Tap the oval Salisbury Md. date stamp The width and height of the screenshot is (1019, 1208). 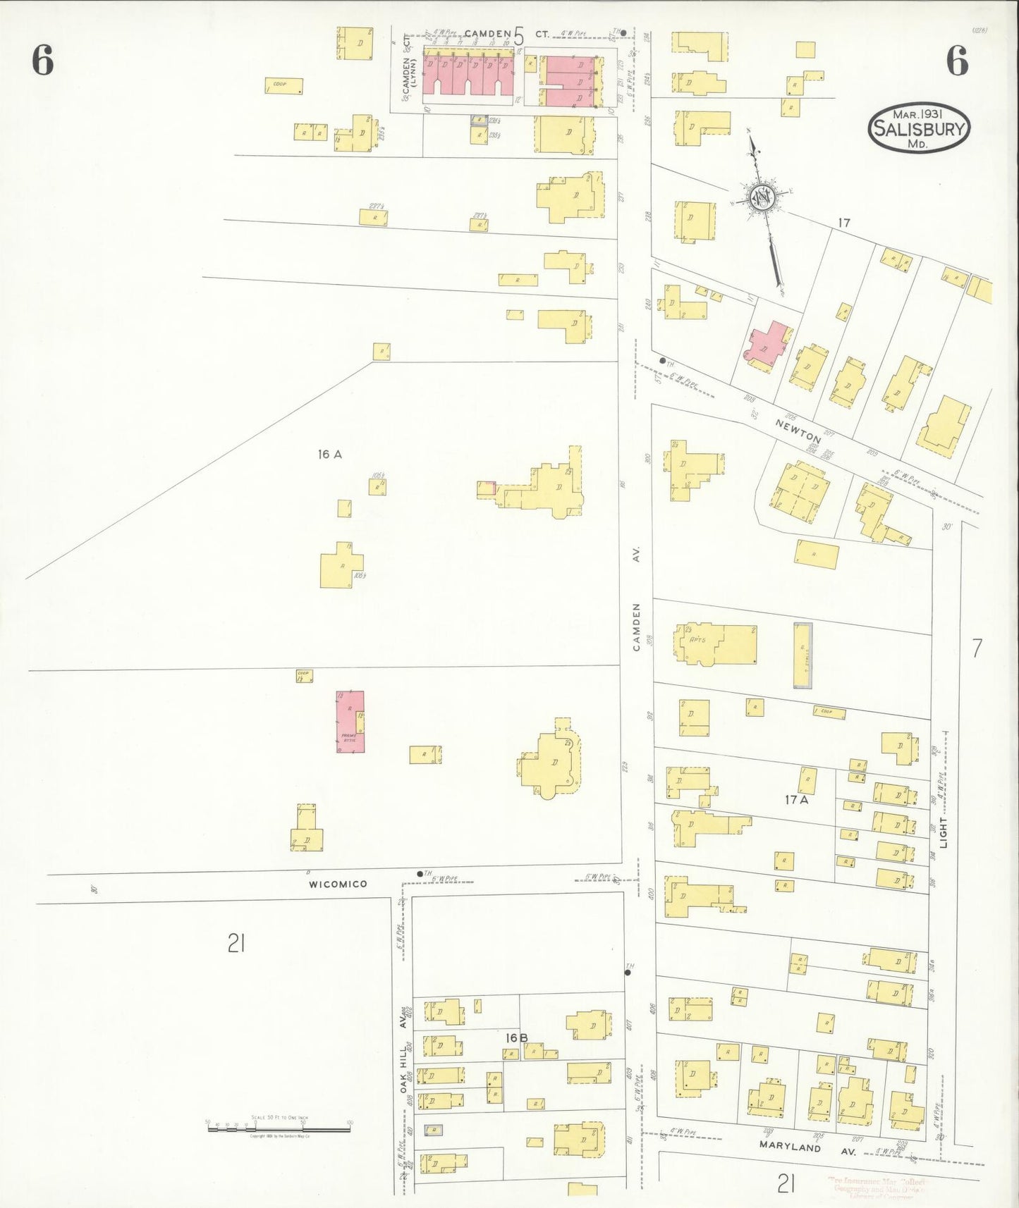pos(918,129)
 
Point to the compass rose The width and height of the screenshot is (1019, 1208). pos(763,197)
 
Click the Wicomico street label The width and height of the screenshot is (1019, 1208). pos(338,884)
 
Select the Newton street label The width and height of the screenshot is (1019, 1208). pos(798,429)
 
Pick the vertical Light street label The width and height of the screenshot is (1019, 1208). pos(943,832)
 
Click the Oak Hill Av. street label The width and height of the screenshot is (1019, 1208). pos(404,1060)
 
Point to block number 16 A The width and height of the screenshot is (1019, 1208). pos(329,455)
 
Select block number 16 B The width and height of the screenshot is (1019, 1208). pos(516,1037)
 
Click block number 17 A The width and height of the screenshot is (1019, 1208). pos(797,800)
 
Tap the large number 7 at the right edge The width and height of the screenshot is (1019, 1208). pos(977,648)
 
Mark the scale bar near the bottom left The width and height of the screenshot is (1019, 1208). pos(279,1128)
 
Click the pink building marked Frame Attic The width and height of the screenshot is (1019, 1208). pos(350,721)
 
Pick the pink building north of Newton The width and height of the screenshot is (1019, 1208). pos(768,343)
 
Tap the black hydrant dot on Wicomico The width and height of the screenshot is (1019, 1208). pos(420,874)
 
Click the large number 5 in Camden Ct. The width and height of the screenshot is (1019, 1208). pos(519,35)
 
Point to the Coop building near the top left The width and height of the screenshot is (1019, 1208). pos(284,86)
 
